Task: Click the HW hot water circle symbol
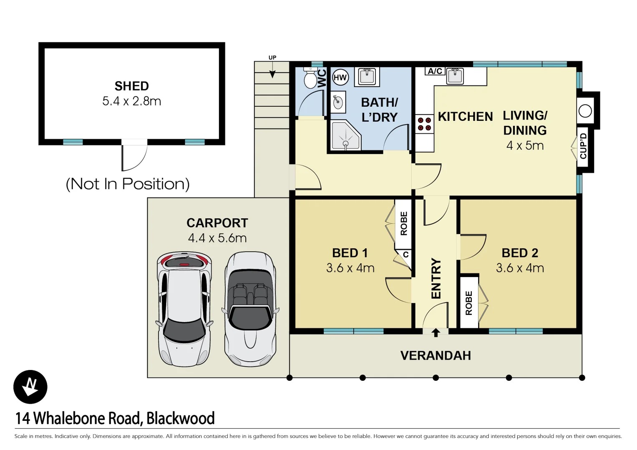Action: tap(340, 77)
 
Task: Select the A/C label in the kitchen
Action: tap(435, 71)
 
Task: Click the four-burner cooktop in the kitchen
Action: tap(425, 124)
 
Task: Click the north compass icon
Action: tap(30, 387)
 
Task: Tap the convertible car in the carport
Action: tap(250, 309)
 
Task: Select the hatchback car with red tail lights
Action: tap(184, 309)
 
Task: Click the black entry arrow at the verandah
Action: tap(436, 332)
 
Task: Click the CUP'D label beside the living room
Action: tap(584, 146)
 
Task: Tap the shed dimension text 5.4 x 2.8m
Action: tap(132, 101)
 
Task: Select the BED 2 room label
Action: tap(520, 253)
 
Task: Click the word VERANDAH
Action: tap(436, 355)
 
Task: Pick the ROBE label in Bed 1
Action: tap(404, 224)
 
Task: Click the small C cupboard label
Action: tap(405, 255)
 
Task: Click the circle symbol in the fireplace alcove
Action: tap(585, 111)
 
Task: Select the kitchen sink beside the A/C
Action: tap(455, 76)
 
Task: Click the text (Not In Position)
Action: tap(128, 184)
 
